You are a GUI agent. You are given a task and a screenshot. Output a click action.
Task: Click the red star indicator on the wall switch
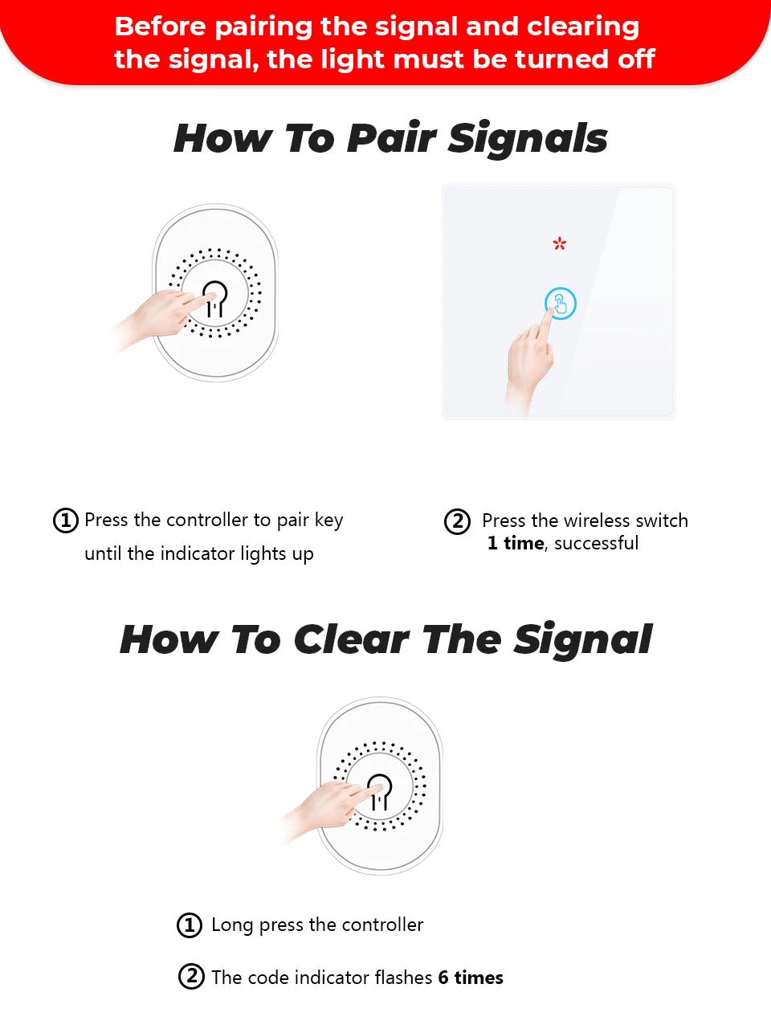560,243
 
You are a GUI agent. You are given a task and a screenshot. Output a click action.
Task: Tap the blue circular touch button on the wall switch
561,304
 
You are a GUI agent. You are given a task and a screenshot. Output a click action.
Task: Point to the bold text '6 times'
471,978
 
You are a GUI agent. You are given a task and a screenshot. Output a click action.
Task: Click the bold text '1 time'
516,544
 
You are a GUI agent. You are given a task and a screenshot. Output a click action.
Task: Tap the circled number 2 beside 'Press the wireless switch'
458,521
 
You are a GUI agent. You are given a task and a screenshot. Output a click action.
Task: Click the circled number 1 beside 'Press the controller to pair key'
66,521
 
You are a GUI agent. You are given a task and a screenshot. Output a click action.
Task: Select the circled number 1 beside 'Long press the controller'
190,925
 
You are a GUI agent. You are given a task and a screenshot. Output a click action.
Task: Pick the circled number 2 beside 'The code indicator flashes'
191,977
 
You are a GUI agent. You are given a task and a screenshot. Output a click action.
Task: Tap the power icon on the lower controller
380,791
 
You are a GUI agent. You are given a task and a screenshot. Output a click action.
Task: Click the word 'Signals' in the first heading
528,138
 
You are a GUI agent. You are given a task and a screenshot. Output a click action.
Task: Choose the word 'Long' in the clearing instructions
232,925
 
